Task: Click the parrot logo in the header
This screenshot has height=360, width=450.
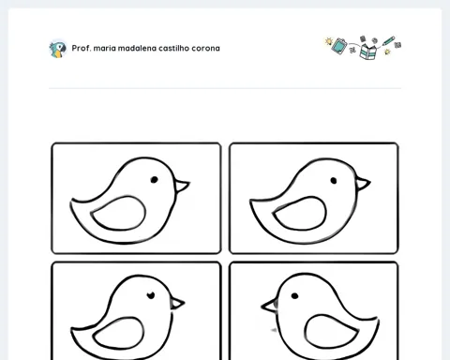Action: tap(58, 49)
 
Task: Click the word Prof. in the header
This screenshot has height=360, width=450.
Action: tap(81, 48)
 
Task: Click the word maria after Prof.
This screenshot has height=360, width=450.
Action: tap(104, 48)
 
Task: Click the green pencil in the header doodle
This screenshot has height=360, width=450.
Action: tap(388, 41)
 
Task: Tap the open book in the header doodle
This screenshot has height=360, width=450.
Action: tap(367, 52)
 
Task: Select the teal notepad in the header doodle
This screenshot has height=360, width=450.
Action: tap(339, 46)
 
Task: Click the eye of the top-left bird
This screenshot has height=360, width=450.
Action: tap(154, 180)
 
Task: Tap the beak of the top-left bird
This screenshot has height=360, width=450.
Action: tap(182, 186)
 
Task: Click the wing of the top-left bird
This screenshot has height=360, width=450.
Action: tap(118, 214)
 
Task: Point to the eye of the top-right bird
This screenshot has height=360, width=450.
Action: tap(334, 181)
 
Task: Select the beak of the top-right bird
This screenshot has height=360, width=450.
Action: tap(363, 184)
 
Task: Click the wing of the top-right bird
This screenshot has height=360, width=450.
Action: tap(300, 214)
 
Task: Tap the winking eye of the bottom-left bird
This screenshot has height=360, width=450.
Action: tap(151, 295)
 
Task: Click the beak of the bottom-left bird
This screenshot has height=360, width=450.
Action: tap(177, 303)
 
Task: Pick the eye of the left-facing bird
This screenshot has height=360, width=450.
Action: tap(294, 295)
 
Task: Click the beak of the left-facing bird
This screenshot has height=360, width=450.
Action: tap(269, 306)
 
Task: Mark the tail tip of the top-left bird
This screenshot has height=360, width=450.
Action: tap(72, 200)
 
